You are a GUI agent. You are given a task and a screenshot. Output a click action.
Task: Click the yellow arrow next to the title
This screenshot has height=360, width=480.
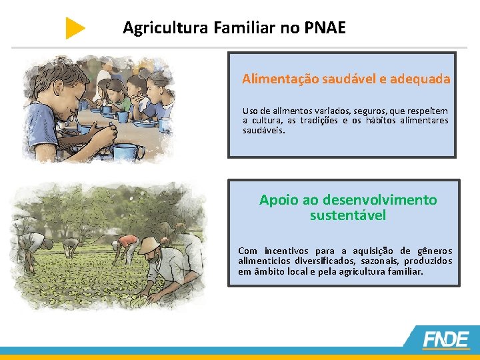coord(75,28)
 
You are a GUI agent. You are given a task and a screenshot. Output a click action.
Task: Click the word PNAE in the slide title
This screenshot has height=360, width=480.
coord(325,28)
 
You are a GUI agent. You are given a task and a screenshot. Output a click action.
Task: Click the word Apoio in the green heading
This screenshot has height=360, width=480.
coord(279,199)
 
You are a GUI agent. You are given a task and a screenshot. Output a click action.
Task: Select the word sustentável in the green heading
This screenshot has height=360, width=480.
coord(347,215)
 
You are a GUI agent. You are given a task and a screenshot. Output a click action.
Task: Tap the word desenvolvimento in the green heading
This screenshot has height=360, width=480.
coord(379,199)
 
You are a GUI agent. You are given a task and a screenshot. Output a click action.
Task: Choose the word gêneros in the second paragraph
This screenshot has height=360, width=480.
coord(434,251)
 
